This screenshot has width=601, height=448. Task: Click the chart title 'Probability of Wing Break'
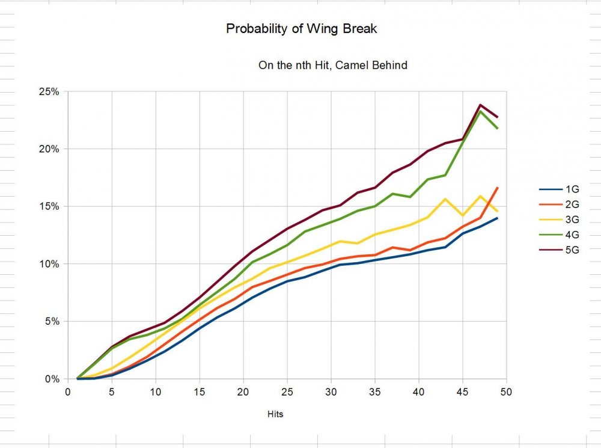click(x=302, y=29)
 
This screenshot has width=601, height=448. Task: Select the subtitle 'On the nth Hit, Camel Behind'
click(x=332, y=65)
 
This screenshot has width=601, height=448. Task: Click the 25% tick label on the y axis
click(x=49, y=91)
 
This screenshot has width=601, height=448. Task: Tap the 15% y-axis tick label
click(x=49, y=206)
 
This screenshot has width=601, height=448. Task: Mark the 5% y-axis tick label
click(x=51, y=321)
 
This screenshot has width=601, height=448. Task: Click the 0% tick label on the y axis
click(x=51, y=379)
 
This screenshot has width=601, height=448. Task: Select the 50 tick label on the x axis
click(x=507, y=391)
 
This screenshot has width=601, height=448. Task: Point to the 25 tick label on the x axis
click(x=287, y=391)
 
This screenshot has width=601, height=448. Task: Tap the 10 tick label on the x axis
click(x=156, y=391)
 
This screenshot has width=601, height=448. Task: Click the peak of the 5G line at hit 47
click(x=480, y=105)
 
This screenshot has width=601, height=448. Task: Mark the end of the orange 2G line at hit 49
click(x=498, y=188)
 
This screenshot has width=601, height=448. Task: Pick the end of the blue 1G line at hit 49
click(x=498, y=218)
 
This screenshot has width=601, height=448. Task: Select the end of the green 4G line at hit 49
click(x=498, y=128)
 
